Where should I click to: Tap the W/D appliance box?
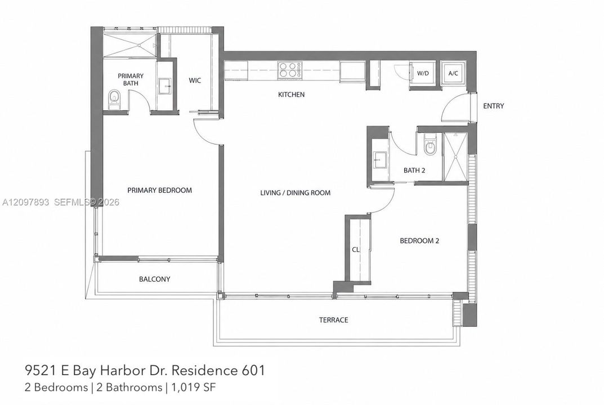point(423,73)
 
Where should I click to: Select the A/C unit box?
point(453,73)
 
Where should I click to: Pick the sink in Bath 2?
point(379,159)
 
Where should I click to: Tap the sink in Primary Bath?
point(165,85)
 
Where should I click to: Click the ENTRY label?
point(494,106)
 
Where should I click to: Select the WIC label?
point(195,80)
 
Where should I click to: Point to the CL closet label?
point(356,249)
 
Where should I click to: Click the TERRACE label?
point(334,320)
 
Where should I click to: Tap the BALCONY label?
point(154,279)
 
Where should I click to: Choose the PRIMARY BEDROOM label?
point(159,190)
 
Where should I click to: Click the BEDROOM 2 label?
point(419,241)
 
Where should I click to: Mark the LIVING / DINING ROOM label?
point(296,192)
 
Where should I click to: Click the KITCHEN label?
point(291,94)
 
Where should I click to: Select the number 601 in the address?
point(253,370)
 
